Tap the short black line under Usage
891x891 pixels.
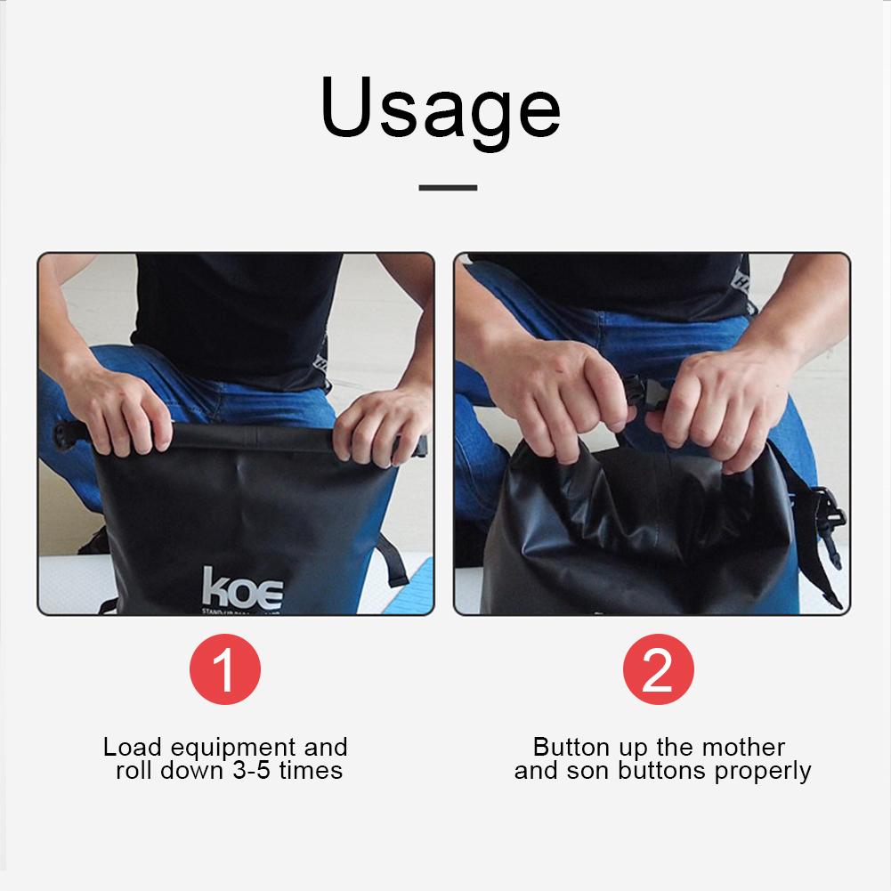448,188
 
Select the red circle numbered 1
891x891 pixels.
225,668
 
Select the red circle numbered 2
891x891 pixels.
658,668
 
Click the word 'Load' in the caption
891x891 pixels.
130,747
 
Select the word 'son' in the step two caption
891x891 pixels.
583,771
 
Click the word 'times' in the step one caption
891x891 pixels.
311,770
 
